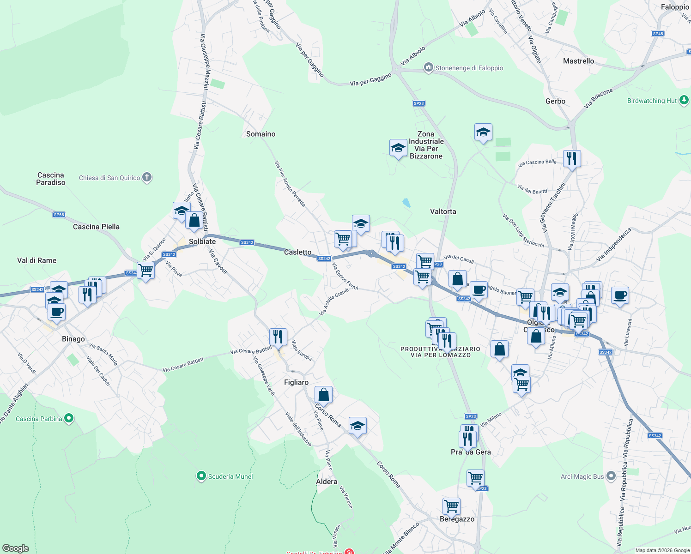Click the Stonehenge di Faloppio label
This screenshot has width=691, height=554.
[x=469, y=68]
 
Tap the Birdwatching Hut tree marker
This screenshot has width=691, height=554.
[x=684, y=100]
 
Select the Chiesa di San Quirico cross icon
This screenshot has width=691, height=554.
[x=147, y=177]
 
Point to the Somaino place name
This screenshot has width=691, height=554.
[x=261, y=134]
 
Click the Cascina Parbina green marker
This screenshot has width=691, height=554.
[x=69, y=419]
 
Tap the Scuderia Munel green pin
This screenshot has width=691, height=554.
[x=201, y=476]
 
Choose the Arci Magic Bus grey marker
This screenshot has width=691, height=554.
[x=611, y=476]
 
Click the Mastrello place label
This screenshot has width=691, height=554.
[x=578, y=61]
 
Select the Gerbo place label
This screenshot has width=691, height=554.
[x=555, y=101]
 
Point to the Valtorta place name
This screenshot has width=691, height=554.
[x=443, y=211]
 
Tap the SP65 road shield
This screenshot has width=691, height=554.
[x=59, y=215]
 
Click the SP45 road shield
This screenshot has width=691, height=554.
[x=658, y=34]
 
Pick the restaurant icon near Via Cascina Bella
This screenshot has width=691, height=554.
[x=572, y=159]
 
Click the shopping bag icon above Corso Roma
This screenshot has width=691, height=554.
[x=323, y=395]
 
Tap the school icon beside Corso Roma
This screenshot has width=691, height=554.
[x=358, y=426]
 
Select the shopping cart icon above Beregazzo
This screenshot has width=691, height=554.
[x=451, y=506]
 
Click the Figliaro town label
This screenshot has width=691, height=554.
[x=296, y=382]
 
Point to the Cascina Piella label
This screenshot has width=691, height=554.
[x=96, y=227]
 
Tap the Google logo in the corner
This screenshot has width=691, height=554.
[x=15, y=548]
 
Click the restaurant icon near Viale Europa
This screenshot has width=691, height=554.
[x=278, y=337]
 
